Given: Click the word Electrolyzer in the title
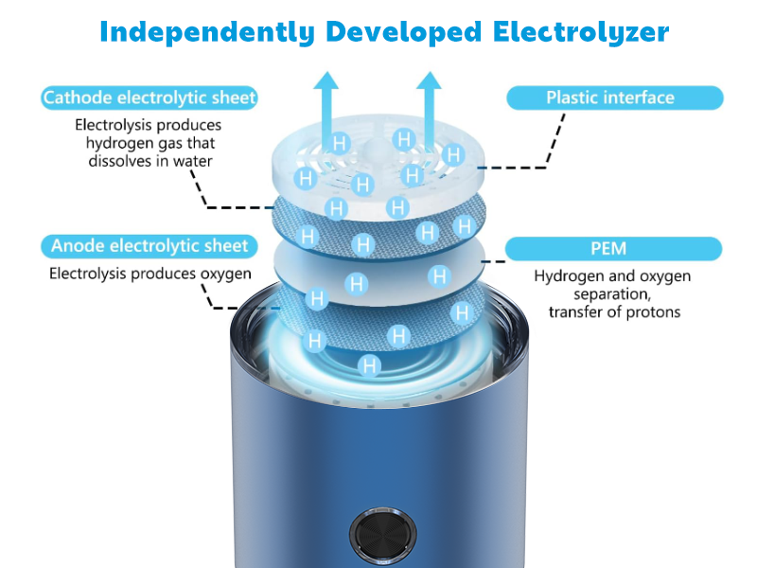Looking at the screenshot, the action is point(581,32).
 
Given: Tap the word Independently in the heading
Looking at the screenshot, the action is point(207,32).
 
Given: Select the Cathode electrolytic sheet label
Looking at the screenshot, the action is point(150,98).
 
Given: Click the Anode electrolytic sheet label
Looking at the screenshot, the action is point(150,246).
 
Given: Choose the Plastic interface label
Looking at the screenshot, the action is point(614,98).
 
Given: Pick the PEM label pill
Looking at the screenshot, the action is point(613,249).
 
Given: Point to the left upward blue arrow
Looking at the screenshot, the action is point(326,111).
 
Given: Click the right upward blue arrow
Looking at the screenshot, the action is point(429,110).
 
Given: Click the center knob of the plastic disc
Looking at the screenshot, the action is point(373,147).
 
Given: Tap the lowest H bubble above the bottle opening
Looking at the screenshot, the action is point(369,365).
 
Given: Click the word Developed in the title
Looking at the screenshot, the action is point(404,32).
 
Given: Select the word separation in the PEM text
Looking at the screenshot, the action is point(612,294).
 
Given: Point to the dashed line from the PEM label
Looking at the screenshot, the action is point(493,261).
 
